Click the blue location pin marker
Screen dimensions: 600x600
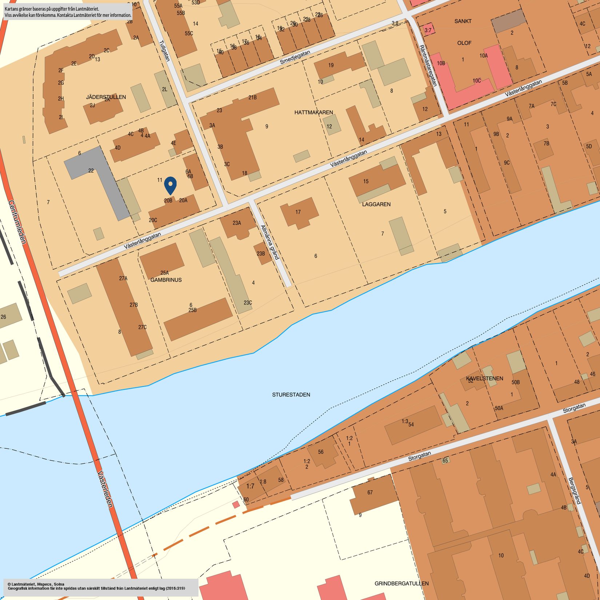[x=170, y=184]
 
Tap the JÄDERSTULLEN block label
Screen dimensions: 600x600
[x=106, y=97]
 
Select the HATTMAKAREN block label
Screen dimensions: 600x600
[x=313, y=113]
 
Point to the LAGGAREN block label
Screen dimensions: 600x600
[x=376, y=204]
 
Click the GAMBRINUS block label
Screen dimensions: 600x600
[x=166, y=280]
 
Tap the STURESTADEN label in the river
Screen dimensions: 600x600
[x=291, y=395]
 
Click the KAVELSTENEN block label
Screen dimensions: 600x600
[x=484, y=379]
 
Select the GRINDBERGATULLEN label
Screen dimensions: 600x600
[x=401, y=583]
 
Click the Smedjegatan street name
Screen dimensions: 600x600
[x=295, y=57]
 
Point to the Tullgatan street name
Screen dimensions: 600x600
[x=165, y=51]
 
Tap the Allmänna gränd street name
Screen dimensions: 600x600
[x=270, y=242]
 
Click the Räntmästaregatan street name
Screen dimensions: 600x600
[x=428, y=65]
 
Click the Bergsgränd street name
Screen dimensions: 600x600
[x=575, y=491]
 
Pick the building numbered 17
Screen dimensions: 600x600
[x=299, y=212]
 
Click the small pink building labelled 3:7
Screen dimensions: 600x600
[x=428, y=30]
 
